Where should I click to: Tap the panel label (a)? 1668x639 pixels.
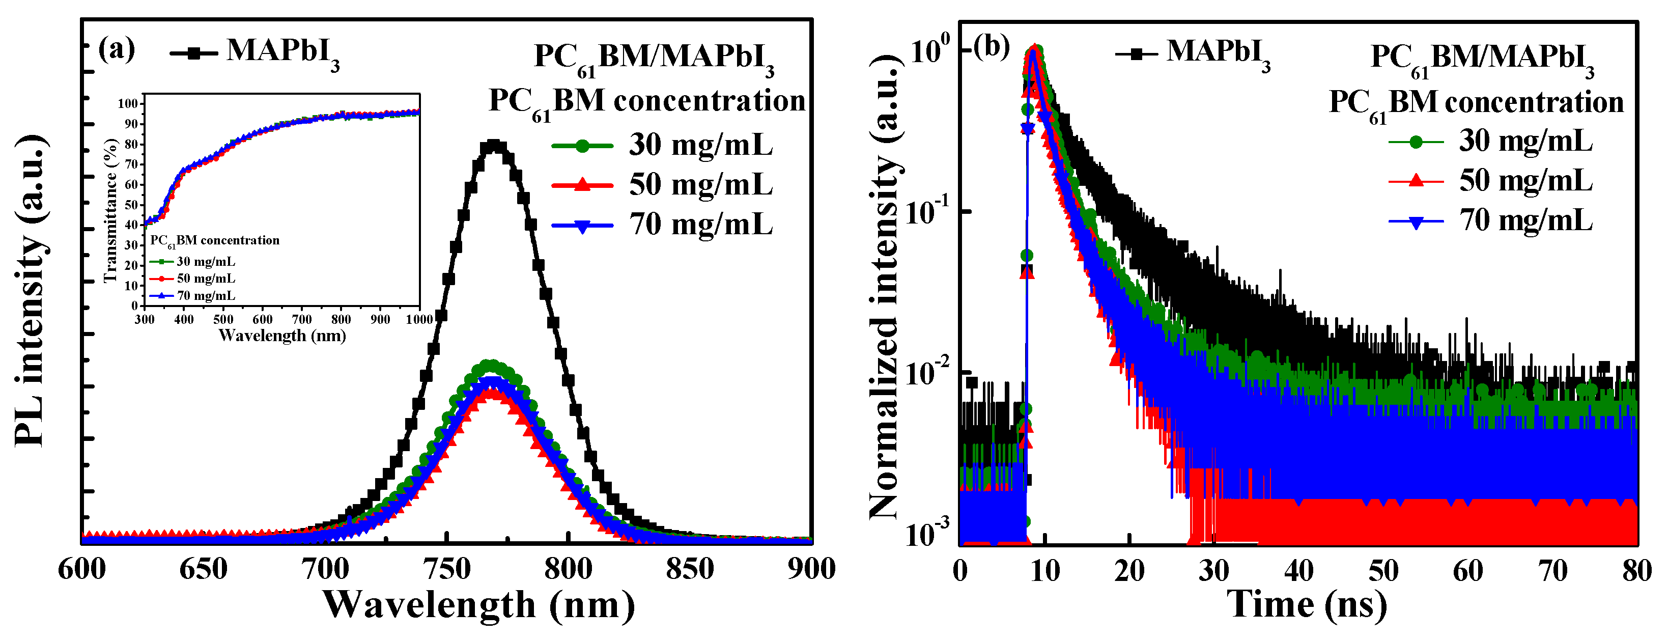click(116, 49)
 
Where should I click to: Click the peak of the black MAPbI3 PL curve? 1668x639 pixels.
click(494, 146)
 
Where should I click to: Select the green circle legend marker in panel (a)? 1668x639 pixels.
click(582, 146)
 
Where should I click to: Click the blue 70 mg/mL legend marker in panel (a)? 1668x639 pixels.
click(582, 226)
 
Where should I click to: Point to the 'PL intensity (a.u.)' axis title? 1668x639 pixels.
click(31, 291)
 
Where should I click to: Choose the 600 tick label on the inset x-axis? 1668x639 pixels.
click(262, 319)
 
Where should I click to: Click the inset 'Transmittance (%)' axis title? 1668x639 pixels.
click(111, 210)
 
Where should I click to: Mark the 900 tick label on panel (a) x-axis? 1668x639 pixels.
click(811, 570)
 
